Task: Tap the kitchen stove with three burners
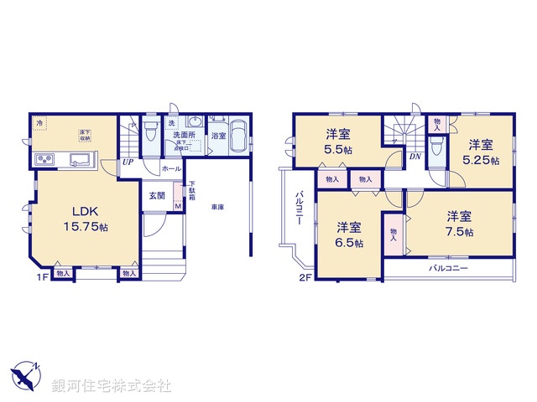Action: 44,160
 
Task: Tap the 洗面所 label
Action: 184,134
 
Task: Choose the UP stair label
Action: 128,162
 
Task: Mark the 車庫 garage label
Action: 216,206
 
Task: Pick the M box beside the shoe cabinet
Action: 178,206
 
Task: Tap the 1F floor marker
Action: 40,274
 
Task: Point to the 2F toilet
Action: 435,149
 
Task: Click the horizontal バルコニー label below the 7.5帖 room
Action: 448,268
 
